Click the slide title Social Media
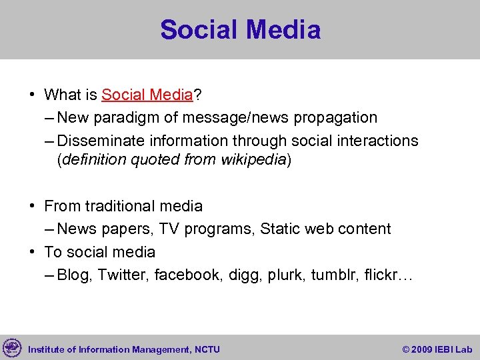pos(240,30)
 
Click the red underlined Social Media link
pos(147,95)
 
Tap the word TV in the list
pos(169,229)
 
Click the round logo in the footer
pos(12,348)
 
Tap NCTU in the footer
pos(207,349)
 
